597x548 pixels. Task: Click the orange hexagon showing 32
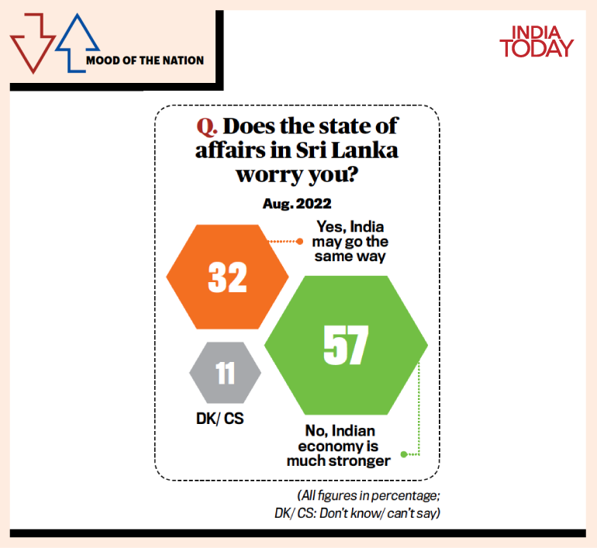coord(227,277)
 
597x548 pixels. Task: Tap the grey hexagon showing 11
coord(225,373)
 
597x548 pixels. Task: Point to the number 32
coord(227,277)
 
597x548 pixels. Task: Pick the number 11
coord(225,373)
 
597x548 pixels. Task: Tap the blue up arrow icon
coord(72,43)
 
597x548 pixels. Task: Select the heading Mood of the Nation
coord(145,60)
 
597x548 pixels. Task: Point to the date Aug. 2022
coord(298,204)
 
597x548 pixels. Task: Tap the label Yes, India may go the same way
coord(349,241)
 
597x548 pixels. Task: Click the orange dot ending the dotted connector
coord(299,242)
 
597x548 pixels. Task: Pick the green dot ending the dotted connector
coord(403,454)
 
